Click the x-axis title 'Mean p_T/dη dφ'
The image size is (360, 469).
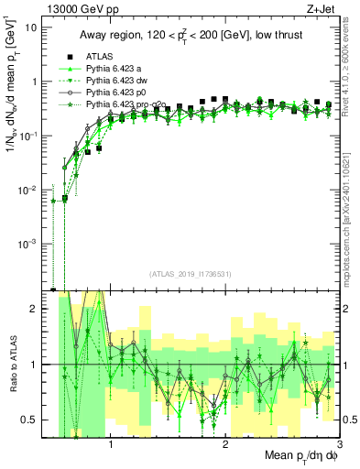298,457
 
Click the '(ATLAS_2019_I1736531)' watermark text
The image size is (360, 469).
191,273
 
